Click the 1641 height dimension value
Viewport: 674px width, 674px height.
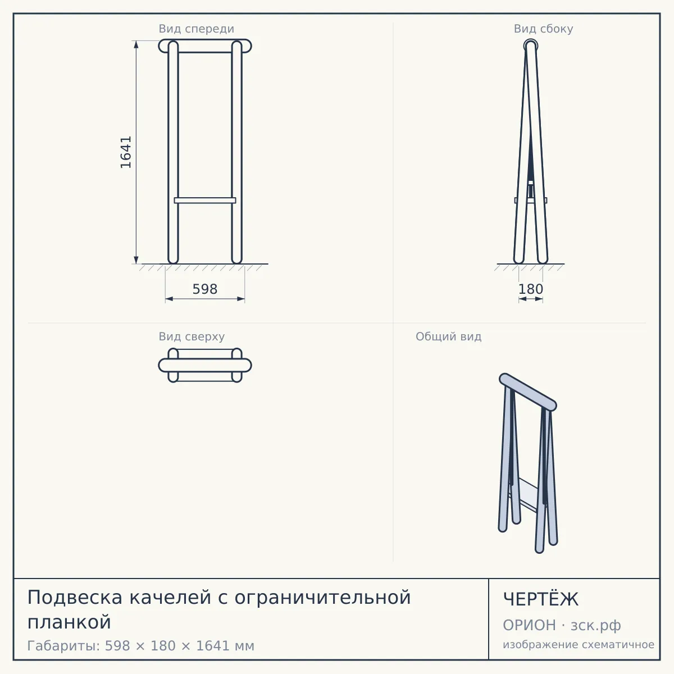[x=126, y=152]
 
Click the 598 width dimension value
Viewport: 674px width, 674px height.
[x=205, y=289]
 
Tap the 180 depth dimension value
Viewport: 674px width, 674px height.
[x=531, y=289]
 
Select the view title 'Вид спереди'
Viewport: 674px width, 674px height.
[x=196, y=29]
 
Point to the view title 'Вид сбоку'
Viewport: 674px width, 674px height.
[x=543, y=29]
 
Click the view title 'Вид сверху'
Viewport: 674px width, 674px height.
[x=192, y=336]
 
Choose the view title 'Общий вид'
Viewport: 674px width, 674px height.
[x=448, y=336]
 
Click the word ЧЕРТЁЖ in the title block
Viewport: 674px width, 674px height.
[x=541, y=599]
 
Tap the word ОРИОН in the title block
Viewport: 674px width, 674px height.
[x=529, y=625]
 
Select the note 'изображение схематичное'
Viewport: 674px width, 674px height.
[x=579, y=644]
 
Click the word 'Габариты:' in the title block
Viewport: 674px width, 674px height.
[x=64, y=646]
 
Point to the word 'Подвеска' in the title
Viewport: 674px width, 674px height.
[x=75, y=598]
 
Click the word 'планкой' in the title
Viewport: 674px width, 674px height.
[x=69, y=622]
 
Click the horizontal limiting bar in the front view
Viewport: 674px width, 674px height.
[x=205, y=201]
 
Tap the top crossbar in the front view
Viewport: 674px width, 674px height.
[x=205, y=46]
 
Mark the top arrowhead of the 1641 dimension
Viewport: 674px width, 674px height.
[x=136, y=44]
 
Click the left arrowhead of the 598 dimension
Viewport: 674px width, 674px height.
[x=169, y=299]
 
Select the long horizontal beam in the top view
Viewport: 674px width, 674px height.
[x=205, y=365]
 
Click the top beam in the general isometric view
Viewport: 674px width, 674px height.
[x=528, y=392]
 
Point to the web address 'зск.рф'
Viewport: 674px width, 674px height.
[x=596, y=625]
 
